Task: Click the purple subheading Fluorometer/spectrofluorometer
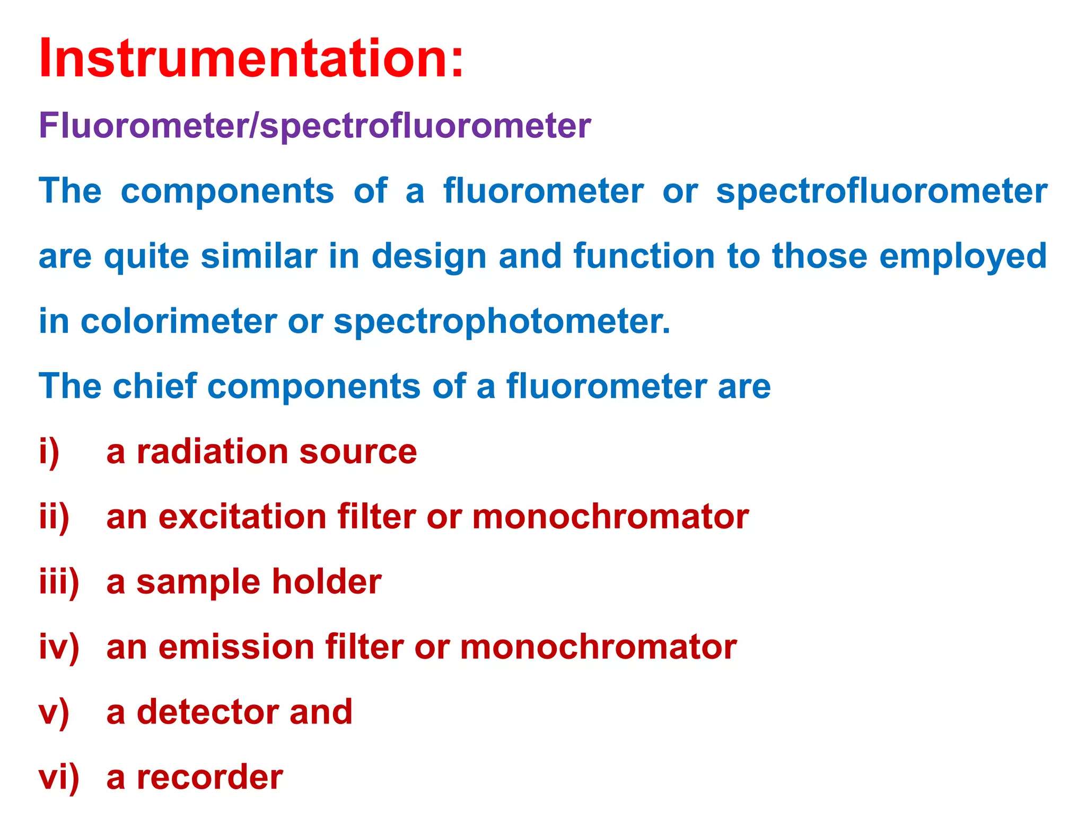[314, 126]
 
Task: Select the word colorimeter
[179, 321]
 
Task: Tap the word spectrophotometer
[502, 322]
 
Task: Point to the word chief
[155, 386]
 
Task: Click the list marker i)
[49, 452]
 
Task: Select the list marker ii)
[54, 517]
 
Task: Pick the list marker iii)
[59, 582]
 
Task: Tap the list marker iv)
[59, 647]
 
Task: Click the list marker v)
[54, 712]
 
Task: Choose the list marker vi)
[59, 777]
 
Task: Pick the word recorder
[209, 777]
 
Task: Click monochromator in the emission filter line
[598, 647]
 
